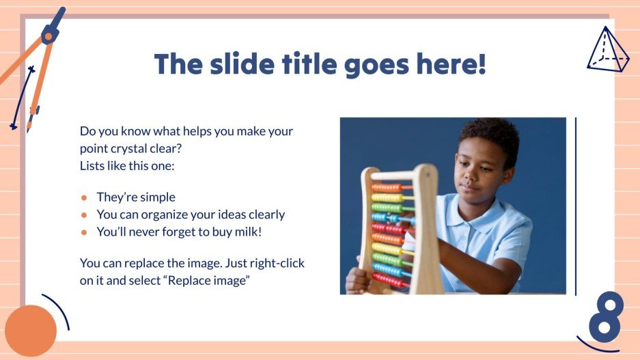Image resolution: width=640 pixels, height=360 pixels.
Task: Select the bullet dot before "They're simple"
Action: coord(85,197)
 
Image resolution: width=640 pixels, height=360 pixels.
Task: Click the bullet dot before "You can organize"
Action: coord(85,214)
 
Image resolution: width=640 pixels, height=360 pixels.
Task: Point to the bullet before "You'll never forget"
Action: coord(85,232)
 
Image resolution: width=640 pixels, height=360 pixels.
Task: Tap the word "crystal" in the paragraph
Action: coord(141,148)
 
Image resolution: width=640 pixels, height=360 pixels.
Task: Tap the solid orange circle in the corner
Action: coord(30,330)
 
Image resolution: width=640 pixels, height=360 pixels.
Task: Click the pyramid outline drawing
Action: coord(607,51)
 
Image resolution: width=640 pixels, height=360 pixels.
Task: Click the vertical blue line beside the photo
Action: coord(576,206)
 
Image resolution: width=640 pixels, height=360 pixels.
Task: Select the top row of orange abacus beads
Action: coord(387,188)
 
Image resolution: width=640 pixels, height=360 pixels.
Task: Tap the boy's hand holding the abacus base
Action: coord(357,278)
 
